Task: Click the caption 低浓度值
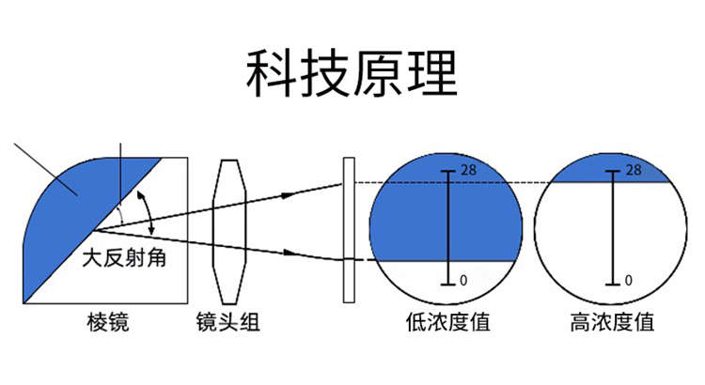point(447,323)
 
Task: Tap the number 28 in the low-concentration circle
point(472,170)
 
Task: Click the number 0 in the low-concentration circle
point(463,280)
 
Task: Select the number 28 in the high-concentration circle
point(634,170)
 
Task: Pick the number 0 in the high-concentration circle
point(627,280)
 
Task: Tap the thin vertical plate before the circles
point(349,230)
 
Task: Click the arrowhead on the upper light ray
point(288,193)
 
